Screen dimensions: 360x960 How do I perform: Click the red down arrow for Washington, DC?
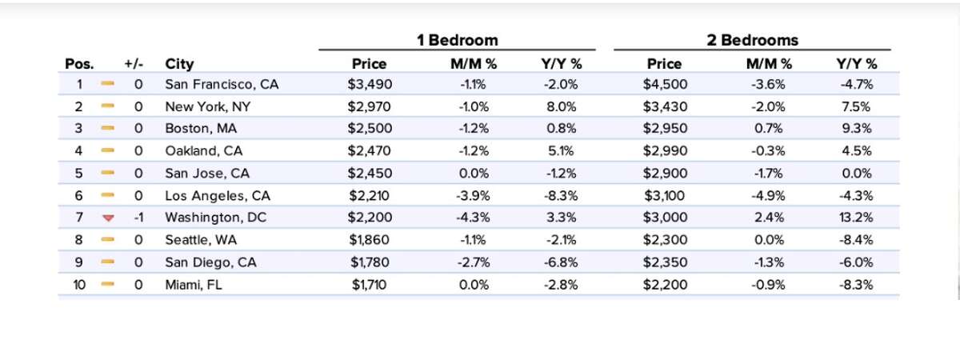[x=109, y=218]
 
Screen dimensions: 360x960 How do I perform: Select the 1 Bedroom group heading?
[x=457, y=40]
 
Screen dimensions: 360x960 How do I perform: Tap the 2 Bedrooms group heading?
[x=752, y=40]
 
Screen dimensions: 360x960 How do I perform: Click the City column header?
[x=179, y=64]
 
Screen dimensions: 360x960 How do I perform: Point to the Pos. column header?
[x=79, y=64]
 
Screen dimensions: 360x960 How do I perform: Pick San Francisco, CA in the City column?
[x=222, y=83]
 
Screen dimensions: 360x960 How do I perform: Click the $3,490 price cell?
[x=370, y=83]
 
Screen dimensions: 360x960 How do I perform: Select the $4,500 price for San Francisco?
[x=664, y=83]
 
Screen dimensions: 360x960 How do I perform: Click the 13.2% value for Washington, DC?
[x=857, y=218]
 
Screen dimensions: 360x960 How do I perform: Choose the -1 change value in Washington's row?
[x=138, y=218]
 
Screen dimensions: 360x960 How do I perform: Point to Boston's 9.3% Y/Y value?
[x=857, y=128]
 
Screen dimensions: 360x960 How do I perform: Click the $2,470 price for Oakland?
[x=370, y=150]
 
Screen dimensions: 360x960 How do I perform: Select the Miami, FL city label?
[x=192, y=284]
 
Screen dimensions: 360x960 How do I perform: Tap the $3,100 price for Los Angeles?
[x=664, y=195]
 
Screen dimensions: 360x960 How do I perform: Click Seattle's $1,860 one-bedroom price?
[x=370, y=240]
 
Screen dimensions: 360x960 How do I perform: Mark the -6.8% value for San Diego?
[x=561, y=262]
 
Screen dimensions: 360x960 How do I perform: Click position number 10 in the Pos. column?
[x=80, y=284]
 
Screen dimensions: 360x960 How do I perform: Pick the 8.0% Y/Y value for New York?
[x=561, y=106]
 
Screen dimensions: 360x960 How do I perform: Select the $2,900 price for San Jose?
[x=664, y=173]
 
